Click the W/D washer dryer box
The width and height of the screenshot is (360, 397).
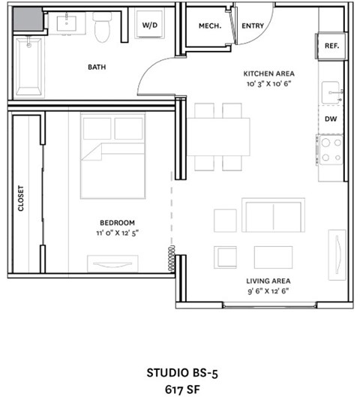[150, 26]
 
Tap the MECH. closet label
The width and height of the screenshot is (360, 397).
[208, 26]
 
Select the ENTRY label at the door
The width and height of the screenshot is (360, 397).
[252, 26]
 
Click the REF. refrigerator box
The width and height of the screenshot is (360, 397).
[331, 45]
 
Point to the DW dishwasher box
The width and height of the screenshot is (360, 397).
[330, 119]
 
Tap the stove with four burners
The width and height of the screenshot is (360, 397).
[331, 150]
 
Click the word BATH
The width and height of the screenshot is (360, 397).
[97, 67]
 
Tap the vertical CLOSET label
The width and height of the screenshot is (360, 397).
[21, 198]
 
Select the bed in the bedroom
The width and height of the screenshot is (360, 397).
[112, 156]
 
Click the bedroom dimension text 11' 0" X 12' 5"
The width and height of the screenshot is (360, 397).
[117, 233]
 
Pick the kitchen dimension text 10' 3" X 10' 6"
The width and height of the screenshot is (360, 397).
[268, 83]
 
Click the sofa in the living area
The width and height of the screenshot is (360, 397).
[273, 215]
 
